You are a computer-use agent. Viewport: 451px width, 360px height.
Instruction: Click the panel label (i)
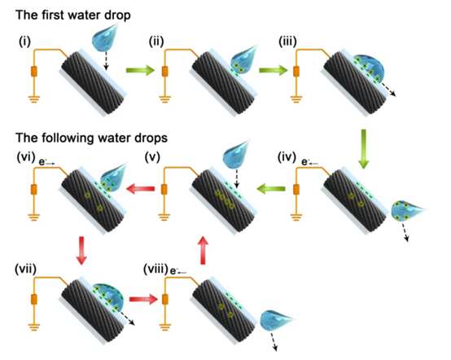[24, 42]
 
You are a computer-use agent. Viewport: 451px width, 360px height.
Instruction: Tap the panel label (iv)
[287, 157]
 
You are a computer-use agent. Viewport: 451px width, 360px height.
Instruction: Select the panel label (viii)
[155, 270]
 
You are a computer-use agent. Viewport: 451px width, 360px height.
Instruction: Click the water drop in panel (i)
[104, 37]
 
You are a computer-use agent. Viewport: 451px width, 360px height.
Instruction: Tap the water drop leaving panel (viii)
[275, 320]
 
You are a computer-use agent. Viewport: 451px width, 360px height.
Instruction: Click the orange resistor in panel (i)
[34, 72]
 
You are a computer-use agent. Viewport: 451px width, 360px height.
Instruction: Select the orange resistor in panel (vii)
[34, 299]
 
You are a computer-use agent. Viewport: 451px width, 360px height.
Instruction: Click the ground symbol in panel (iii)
[296, 99]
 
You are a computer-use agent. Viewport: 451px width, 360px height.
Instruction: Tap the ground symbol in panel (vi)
[34, 217]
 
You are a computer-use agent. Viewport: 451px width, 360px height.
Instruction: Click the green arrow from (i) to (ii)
[140, 70]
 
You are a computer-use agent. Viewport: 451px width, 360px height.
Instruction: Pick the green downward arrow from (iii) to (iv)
[364, 149]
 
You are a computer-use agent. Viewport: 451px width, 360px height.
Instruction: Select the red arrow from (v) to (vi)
[141, 189]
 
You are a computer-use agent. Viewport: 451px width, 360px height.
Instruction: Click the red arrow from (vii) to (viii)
[143, 299]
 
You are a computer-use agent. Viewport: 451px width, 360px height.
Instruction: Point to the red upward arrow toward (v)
[204, 250]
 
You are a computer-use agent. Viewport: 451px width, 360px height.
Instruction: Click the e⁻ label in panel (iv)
[309, 163]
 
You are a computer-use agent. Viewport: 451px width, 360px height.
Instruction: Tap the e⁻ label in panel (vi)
[46, 163]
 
